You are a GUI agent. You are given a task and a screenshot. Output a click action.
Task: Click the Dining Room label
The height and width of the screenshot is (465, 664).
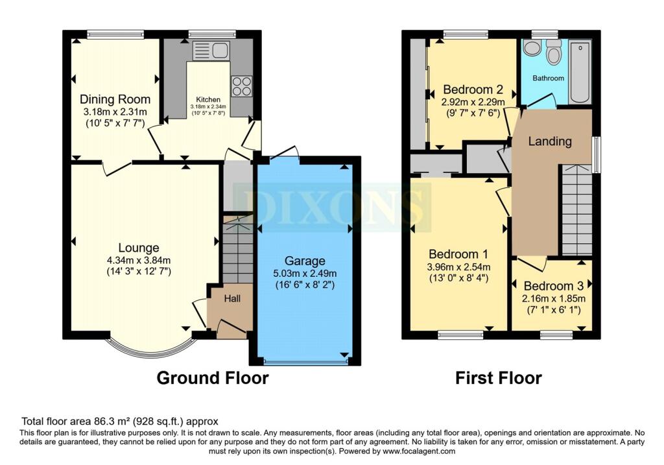coord(115,99)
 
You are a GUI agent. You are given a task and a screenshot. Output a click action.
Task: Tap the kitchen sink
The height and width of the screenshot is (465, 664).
coord(211,51)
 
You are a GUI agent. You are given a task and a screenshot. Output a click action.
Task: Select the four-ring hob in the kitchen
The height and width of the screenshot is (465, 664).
coord(241,86)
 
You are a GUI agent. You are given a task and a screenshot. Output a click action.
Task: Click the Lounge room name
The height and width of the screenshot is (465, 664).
coord(139,248)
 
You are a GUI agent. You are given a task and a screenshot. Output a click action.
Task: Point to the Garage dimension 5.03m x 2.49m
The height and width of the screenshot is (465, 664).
coord(305,274)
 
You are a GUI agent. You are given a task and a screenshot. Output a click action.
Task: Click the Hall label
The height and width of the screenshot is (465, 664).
coord(232,298)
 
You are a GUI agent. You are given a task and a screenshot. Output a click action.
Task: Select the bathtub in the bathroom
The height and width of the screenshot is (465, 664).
coord(580,71)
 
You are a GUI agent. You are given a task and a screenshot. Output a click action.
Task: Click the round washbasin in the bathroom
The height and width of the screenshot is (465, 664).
coord(531,48)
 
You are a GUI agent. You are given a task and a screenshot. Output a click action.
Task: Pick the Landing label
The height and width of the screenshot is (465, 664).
coord(550,141)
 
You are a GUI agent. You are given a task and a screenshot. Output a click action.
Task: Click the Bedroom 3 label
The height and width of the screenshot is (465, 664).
coord(554,285)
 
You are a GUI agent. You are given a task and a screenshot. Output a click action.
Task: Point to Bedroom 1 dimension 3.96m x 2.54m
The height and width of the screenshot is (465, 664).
coord(458,267)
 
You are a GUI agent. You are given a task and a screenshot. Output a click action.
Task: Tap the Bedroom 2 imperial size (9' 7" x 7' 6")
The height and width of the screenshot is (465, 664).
coord(473,113)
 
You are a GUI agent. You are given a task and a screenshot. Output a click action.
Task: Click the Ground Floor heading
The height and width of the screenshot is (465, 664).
coord(213,377)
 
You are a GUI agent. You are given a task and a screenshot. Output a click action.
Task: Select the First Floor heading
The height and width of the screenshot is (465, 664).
coord(499,377)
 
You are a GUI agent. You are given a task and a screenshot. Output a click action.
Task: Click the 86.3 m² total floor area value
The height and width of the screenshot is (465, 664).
coord(112,422)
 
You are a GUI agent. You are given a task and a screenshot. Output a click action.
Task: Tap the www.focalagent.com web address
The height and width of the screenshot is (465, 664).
coord(419,451)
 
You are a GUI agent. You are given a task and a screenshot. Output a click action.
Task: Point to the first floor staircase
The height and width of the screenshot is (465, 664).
coord(576,209)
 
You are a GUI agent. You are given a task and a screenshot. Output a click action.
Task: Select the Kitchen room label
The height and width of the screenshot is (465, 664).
coord(208,99)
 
